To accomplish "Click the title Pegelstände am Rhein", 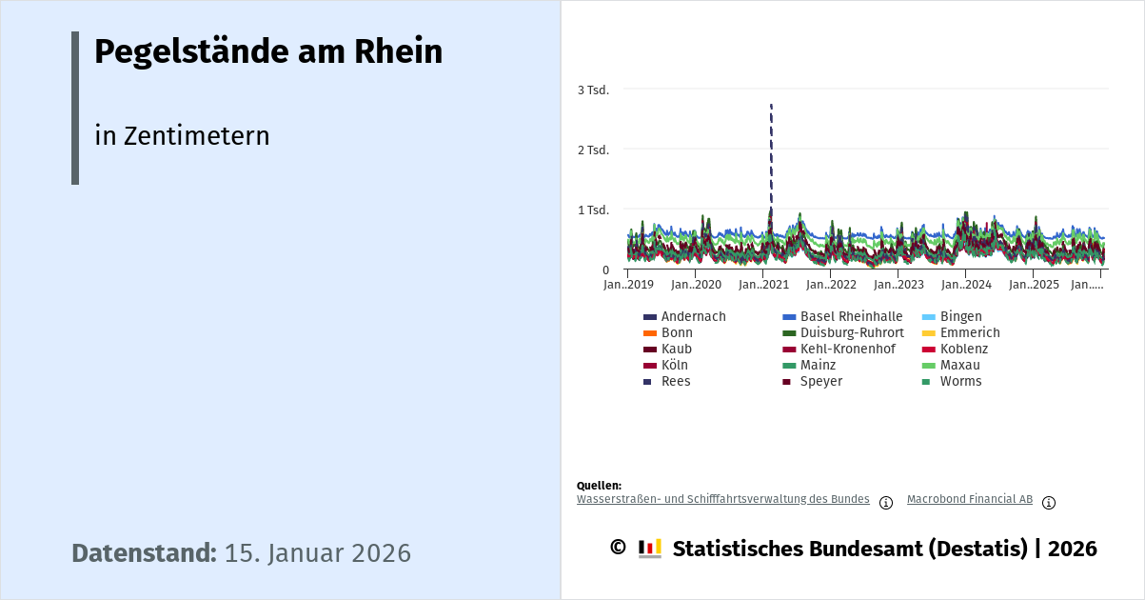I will tap(268, 52).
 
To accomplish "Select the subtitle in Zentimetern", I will tap(182, 136).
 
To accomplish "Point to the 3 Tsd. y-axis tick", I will tap(593, 90).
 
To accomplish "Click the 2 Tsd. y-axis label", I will tap(593, 150).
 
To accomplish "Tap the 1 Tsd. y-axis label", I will tap(593, 210).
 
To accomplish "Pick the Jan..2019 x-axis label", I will tap(628, 285).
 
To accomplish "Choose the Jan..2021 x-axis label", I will tap(763, 285).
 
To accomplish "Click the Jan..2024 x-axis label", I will tap(966, 285).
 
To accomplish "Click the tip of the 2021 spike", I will tap(771, 105).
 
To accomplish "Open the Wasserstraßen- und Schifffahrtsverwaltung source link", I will tap(722, 499).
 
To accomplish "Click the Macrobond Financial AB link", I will tap(969, 499).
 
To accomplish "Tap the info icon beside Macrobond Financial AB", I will tap(1049, 503).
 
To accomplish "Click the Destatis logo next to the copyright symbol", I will tap(650, 549).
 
